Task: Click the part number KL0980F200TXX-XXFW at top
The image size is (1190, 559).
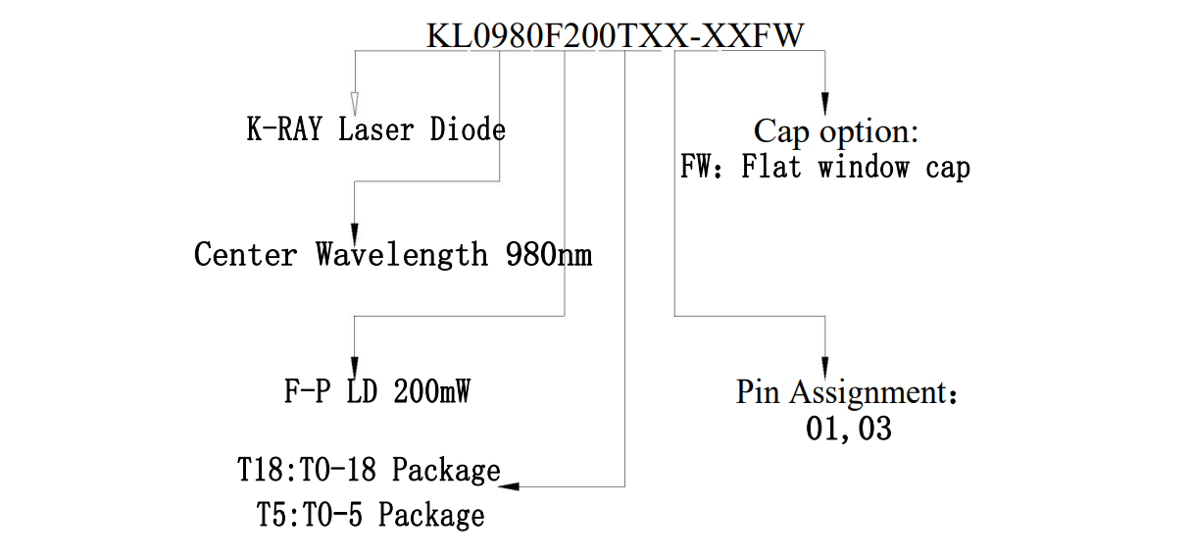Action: [x=615, y=35]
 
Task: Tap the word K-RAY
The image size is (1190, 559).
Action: [x=283, y=129]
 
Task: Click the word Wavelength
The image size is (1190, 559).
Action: [x=401, y=255]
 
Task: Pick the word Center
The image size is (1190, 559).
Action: [x=245, y=255]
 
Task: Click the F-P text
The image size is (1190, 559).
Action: [x=308, y=392]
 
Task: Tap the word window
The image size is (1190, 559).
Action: [x=863, y=168]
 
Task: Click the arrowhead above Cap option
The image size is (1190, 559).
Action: [x=824, y=104]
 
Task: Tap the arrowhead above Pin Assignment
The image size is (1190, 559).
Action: [x=824, y=358]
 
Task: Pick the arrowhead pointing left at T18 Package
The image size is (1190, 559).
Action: [x=510, y=485]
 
